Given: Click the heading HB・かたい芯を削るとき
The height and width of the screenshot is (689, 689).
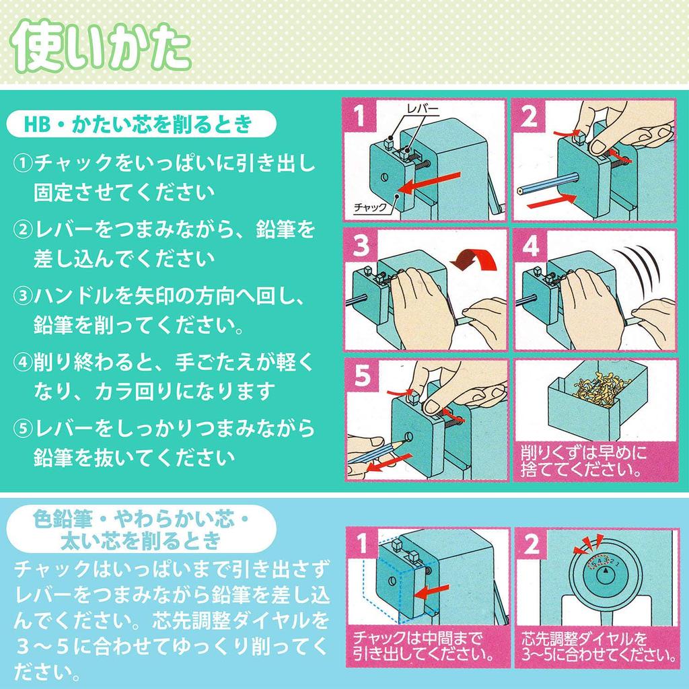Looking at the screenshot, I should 137,124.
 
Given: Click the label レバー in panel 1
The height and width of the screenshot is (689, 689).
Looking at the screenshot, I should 422,108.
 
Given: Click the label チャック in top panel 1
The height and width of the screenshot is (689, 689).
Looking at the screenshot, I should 369,207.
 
